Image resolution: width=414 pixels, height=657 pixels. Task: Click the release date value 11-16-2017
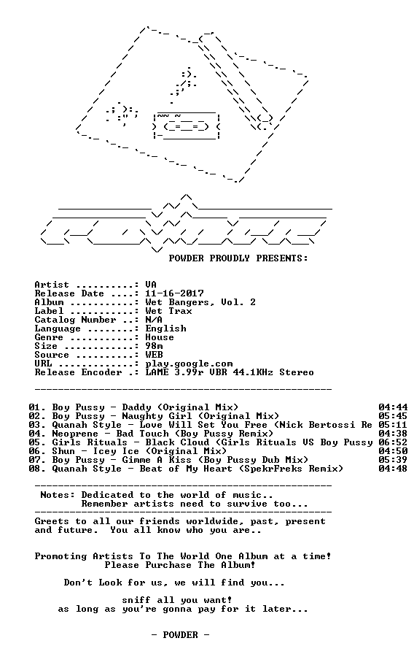pyautogui.click(x=174, y=293)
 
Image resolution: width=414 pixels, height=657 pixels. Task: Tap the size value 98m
pyautogui.click(x=154, y=346)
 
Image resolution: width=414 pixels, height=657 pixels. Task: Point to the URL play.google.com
pyautogui.click(x=189, y=364)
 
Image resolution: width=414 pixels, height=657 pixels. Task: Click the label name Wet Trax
pyautogui.click(x=168, y=311)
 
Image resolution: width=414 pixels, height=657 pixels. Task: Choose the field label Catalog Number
pyautogui.click(x=75, y=320)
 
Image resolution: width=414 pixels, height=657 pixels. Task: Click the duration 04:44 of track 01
pyautogui.click(x=393, y=407)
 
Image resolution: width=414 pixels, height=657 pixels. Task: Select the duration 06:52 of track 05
pyautogui.click(x=393, y=442)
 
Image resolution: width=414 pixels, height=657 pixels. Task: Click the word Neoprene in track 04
pyautogui.click(x=75, y=434)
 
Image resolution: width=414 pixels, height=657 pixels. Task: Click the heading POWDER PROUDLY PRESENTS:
pyautogui.click(x=238, y=258)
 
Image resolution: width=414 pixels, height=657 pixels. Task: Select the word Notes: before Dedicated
pyautogui.click(x=58, y=495)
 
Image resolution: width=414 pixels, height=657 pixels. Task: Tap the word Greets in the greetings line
pyautogui.click(x=52, y=521)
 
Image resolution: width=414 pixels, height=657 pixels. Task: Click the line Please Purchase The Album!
pyautogui.click(x=180, y=565)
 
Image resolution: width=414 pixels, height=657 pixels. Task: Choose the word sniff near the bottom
pyautogui.click(x=136, y=600)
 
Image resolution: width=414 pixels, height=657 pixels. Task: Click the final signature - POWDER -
pyautogui.click(x=180, y=635)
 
